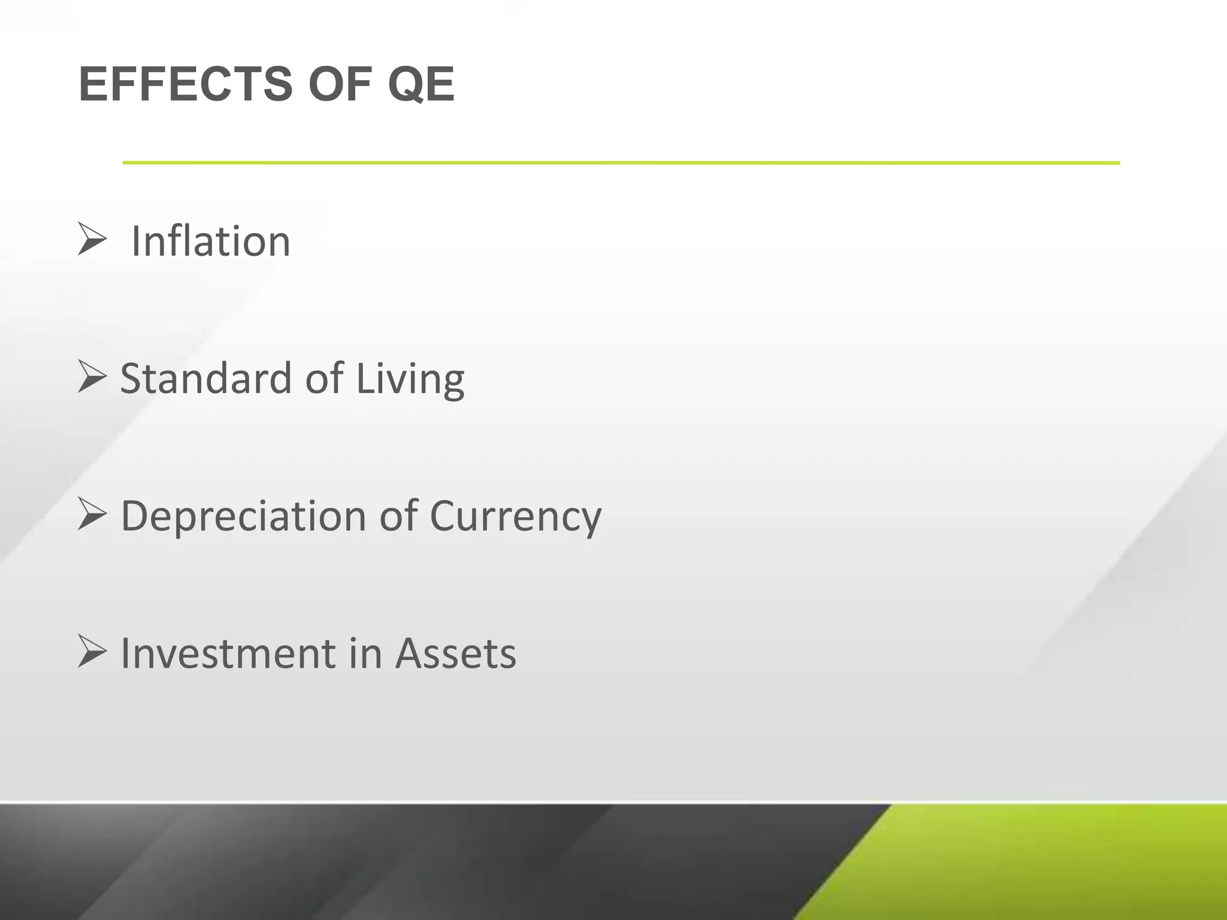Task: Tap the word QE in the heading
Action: tap(421, 84)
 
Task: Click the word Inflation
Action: tap(210, 241)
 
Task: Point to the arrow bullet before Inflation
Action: tap(92, 239)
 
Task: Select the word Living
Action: tap(410, 380)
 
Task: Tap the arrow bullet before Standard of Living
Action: tap(92, 377)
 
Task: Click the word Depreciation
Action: tap(243, 516)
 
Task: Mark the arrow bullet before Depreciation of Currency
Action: tap(92, 515)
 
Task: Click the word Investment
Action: tap(228, 653)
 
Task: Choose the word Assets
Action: tap(455, 653)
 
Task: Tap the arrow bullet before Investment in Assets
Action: tap(92, 652)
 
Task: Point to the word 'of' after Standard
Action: tap(324, 379)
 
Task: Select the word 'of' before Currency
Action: tap(398, 516)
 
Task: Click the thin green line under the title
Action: tap(621, 162)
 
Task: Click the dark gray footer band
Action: tap(419, 862)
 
